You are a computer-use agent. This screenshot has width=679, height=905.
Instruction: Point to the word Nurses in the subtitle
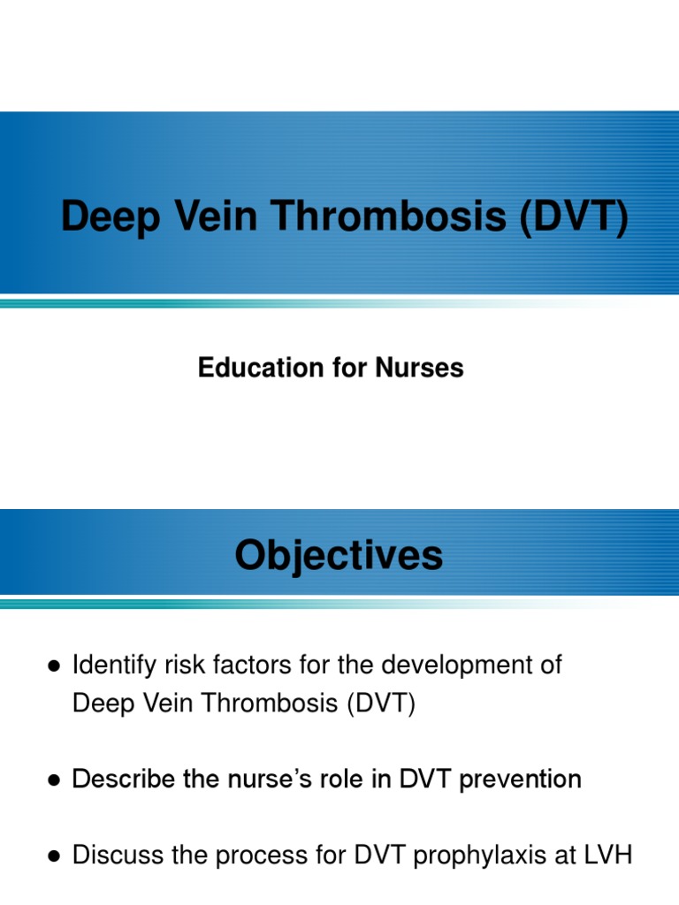pyautogui.click(x=420, y=368)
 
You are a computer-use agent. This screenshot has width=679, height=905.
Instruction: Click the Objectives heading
pyautogui.click(x=339, y=556)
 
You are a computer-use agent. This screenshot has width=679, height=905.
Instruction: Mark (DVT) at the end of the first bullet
pyautogui.click(x=380, y=703)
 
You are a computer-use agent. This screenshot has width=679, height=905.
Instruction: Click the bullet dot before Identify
pyautogui.click(x=54, y=666)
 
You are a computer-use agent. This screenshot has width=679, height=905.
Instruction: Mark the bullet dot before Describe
pyautogui.click(x=54, y=780)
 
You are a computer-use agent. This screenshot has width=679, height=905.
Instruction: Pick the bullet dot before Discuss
pyautogui.click(x=54, y=856)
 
